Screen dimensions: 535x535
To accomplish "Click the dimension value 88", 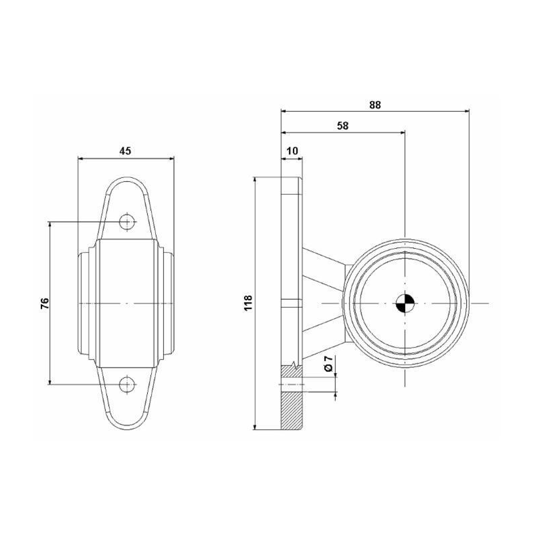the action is tap(374, 105).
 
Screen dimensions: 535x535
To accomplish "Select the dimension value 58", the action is tap(342, 126).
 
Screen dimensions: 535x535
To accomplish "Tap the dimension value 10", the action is tap(292, 151).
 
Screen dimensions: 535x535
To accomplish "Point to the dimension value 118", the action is tap(248, 303).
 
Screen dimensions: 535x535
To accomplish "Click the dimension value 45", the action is tap(125, 151).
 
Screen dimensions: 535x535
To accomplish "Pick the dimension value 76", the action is tap(45, 303).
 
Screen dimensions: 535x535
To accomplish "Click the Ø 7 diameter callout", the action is tap(328, 363).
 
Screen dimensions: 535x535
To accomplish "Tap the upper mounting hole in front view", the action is tap(127, 222).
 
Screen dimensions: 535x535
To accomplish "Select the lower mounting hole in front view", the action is tap(127, 385).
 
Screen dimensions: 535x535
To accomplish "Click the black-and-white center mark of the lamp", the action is tap(405, 303).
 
